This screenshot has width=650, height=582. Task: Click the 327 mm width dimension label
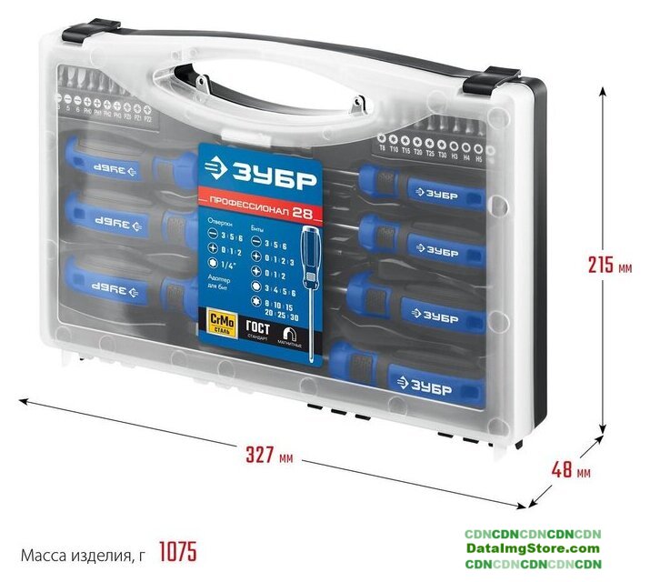(x=270, y=456)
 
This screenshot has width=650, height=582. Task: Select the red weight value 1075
(x=177, y=552)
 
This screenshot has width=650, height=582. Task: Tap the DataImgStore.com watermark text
(x=533, y=548)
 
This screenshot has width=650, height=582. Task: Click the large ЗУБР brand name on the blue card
(x=268, y=176)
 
